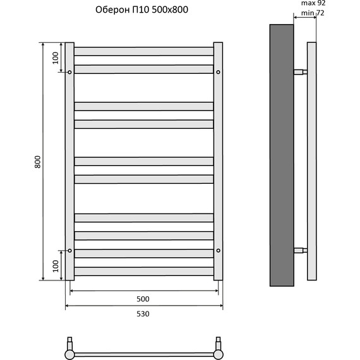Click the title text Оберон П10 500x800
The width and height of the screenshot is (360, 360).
pos(141,10)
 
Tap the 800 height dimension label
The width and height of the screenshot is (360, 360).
pos(38,162)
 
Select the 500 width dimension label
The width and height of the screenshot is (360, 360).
pos(143,299)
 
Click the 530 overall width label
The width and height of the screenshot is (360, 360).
pos(143,314)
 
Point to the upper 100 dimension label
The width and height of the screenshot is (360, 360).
pos(56,58)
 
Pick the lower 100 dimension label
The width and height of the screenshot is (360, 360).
pos(56,266)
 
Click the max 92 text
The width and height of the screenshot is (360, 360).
pos(313,3)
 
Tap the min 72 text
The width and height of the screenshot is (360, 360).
pos(313,13)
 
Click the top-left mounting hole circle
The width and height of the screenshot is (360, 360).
pos(69,72)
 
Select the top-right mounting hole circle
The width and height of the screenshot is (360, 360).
pos(218,72)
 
